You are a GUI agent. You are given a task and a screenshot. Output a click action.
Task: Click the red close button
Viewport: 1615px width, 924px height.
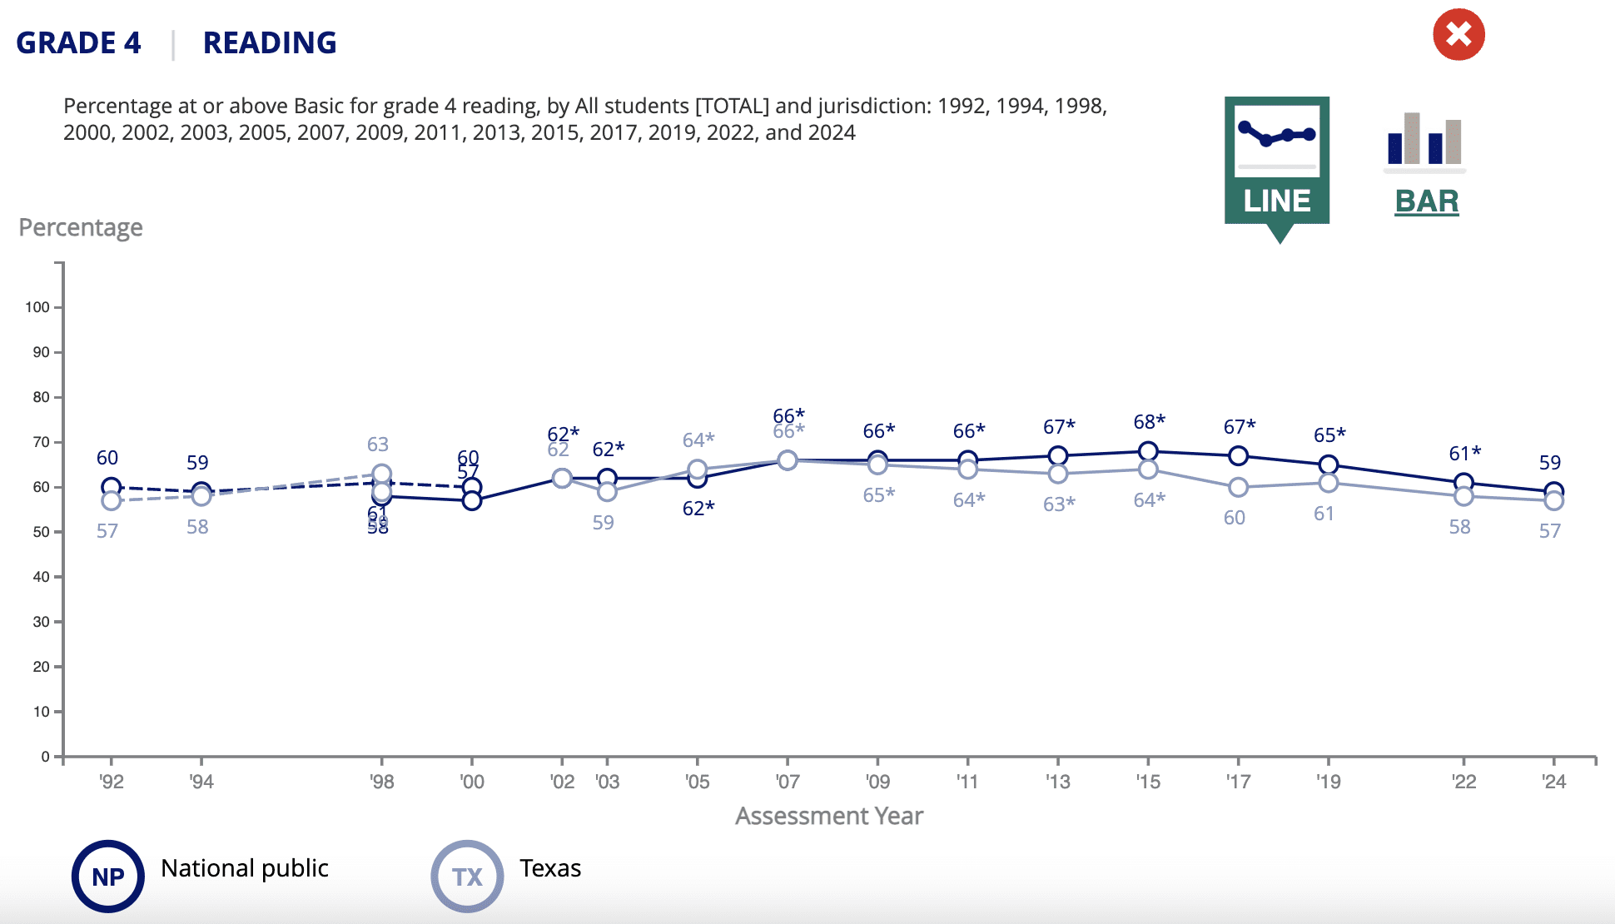coord(1458,35)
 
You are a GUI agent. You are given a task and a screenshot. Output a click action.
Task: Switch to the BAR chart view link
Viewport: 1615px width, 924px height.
coord(1426,201)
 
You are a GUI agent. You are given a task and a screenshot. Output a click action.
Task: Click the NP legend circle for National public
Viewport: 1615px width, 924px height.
coord(108,877)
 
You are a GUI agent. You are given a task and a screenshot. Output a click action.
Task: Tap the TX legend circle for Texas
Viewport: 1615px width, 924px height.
coord(467,877)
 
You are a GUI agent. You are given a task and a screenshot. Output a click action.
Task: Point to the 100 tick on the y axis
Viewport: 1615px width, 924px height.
coord(37,307)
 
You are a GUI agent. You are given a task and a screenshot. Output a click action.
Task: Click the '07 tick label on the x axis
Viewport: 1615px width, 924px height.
coord(788,782)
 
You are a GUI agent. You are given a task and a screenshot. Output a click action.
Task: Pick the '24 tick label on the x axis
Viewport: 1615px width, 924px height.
coord(1553,782)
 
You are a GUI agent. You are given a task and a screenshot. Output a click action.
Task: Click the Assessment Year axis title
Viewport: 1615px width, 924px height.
coord(829,816)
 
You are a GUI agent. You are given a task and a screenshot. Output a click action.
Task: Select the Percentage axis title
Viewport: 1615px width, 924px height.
coord(81,227)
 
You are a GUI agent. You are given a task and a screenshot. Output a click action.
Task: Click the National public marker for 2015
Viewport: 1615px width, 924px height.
coord(1148,452)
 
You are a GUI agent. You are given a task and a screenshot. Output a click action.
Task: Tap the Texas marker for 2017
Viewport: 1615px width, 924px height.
coord(1238,488)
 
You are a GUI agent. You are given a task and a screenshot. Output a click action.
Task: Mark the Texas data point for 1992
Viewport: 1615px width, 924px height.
coord(112,501)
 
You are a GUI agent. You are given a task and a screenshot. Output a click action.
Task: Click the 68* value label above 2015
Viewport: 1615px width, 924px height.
coord(1149,422)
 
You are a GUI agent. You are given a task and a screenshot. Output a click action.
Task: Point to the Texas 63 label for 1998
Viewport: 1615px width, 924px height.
coord(378,445)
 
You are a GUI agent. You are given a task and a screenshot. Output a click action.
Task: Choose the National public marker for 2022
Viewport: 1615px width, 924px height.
coord(1463,483)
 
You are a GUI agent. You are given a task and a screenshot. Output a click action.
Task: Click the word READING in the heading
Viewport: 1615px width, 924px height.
coord(270,43)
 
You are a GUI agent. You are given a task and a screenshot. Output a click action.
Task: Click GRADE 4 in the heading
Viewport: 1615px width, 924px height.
coord(79,43)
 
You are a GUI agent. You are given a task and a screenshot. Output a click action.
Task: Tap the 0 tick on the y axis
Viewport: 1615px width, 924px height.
coord(46,757)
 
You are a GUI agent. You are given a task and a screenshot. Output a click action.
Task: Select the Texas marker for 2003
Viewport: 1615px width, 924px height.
coord(608,492)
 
